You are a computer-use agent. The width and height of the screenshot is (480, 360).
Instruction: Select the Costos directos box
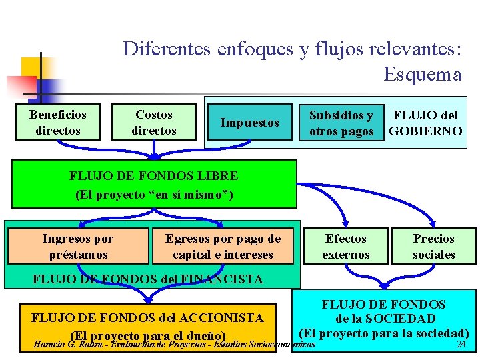pos(154,122)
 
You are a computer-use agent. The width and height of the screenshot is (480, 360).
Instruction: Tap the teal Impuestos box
pos(249,122)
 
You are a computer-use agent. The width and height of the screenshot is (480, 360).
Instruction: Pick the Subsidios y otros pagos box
pos(341,123)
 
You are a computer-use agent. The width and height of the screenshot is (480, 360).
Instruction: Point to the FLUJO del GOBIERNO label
pos(425,123)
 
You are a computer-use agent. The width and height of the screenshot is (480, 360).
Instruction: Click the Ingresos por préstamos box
pos(77,247)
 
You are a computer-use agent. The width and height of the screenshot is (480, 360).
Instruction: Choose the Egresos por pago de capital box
pos(223,247)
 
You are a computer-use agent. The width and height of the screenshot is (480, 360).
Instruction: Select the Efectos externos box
pos(346,247)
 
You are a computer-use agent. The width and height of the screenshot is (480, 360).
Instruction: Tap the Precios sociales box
pos(433,247)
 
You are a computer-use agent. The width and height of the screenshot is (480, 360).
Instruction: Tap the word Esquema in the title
pos(423,74)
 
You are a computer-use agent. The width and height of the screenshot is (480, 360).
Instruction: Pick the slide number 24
pos(460,345)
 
